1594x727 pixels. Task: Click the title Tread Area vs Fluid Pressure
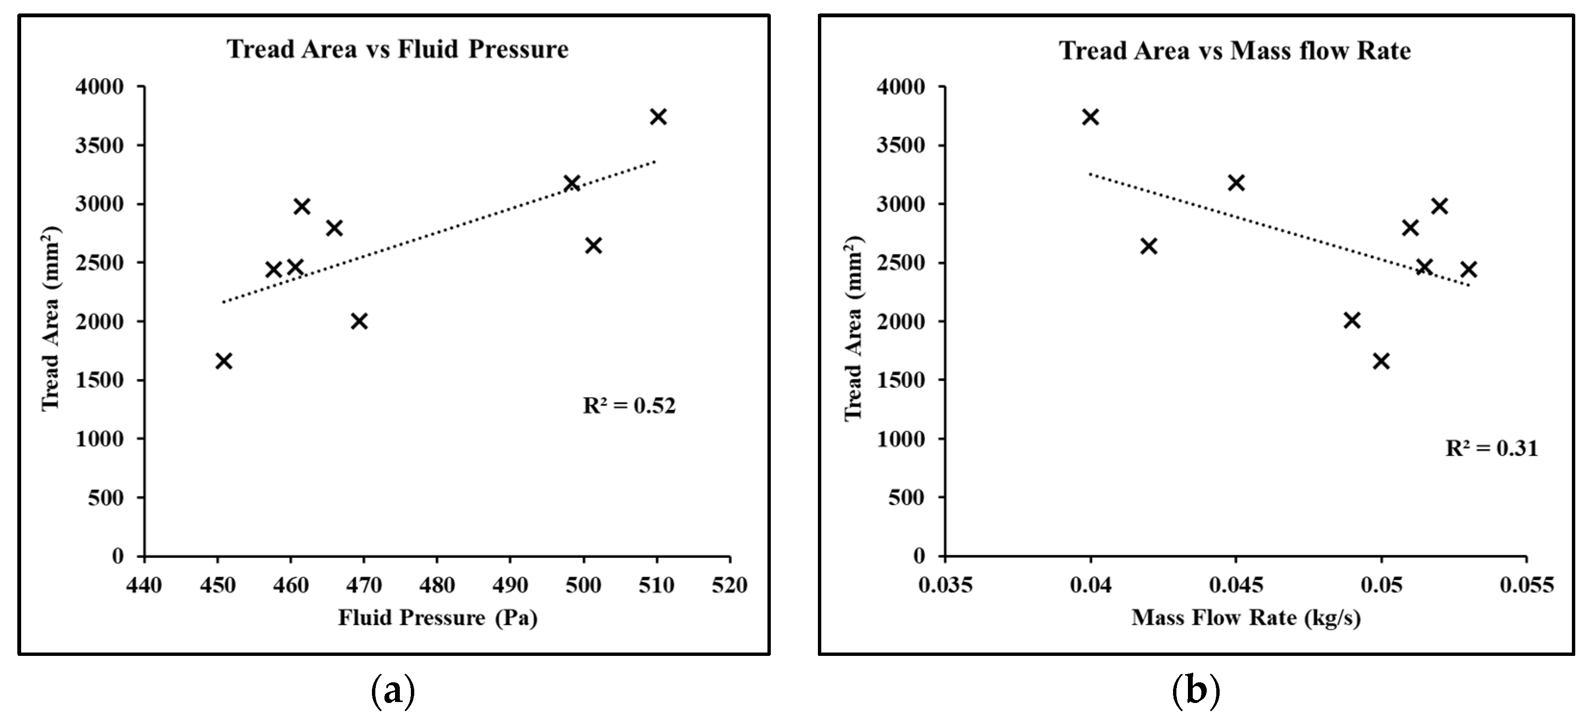click(x=398, y=49)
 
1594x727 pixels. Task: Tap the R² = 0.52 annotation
click(x=630, y=406)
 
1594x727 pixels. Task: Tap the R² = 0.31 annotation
click(x=1491, y=448)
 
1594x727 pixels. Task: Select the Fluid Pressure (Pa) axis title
click(x=437, y=618)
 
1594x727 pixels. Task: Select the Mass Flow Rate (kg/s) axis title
click(x=1246, y=618)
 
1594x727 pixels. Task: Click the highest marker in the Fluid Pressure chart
click(x=658, y=117)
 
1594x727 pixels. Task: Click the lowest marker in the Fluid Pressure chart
click(x=224, y=361)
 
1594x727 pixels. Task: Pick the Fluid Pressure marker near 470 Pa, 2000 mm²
click(x=359, y=321)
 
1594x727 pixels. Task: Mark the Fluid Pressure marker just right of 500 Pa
click(x=593, y=246)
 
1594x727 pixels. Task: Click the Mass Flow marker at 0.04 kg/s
click(x=1090, y=117)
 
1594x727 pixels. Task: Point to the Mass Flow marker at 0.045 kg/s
click(x=1236, y=183)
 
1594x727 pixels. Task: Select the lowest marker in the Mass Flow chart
click(x=1381, y=361)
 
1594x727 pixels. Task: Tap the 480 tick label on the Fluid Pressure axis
click(x=437, y=585)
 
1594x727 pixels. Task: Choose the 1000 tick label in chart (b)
click(x=901, y=439)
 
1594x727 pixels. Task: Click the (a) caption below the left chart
click(x=392, y=692)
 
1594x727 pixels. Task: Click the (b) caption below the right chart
click(x=1196, y=692)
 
